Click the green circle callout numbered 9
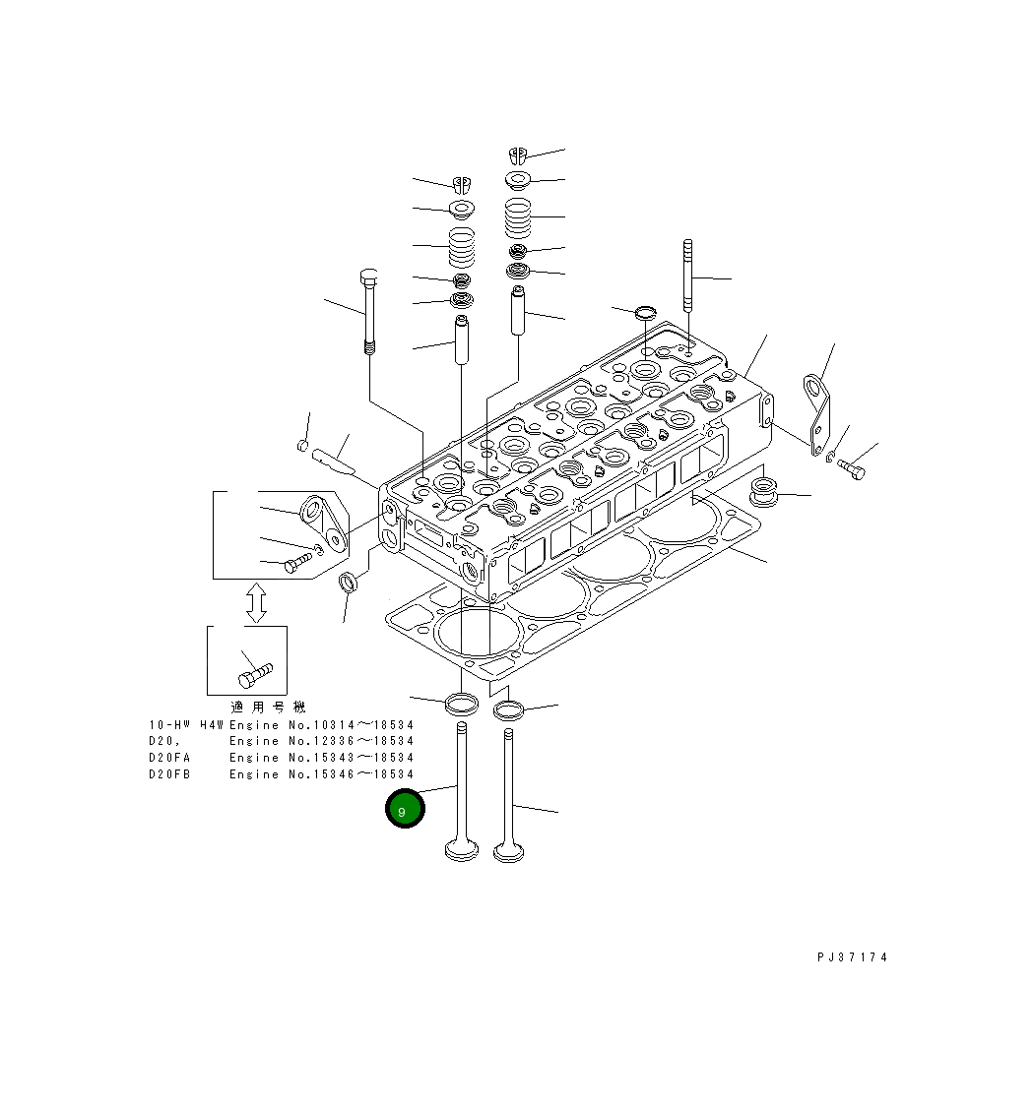[x=404, y=810]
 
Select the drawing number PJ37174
[x=852, y=957]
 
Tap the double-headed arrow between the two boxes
[x=256, y=601]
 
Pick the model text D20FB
[x=170, y=774]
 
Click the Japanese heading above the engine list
[x=268, y=707]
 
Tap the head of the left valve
[x=461, y=849]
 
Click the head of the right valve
[x=508, y=849]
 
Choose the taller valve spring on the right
[x=518, y=217]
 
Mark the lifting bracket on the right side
[x=816, y=413]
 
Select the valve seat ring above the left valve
[x=461, y=703]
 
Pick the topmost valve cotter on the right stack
[x=519, y=154]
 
